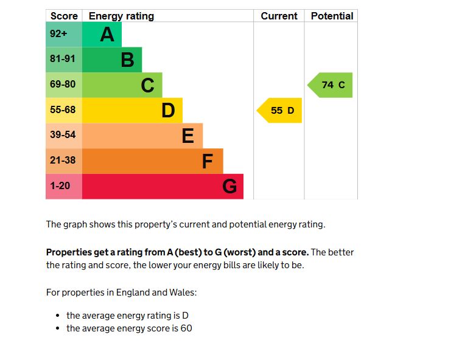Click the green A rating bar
pos(101,35)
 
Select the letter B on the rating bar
pos(127,60)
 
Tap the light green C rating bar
pos(122,85)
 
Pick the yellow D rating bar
pos(131,111)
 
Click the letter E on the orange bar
pos(188,136)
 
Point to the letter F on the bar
pos(208,162)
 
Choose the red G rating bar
pos(163,187)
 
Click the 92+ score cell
pos(59,34)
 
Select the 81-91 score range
pos(63,60)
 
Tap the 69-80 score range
pos(63,85)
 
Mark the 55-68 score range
pos(63,110)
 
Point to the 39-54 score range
pos(63,135)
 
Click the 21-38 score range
pos(63,161)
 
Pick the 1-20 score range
pos(60,186)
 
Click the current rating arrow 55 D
pos(280,111)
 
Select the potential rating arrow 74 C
pos(331,85)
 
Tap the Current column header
pos(279,16)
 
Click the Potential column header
pos(332,16)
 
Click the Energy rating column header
pos(122,16)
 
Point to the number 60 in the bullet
pos(187,328)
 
